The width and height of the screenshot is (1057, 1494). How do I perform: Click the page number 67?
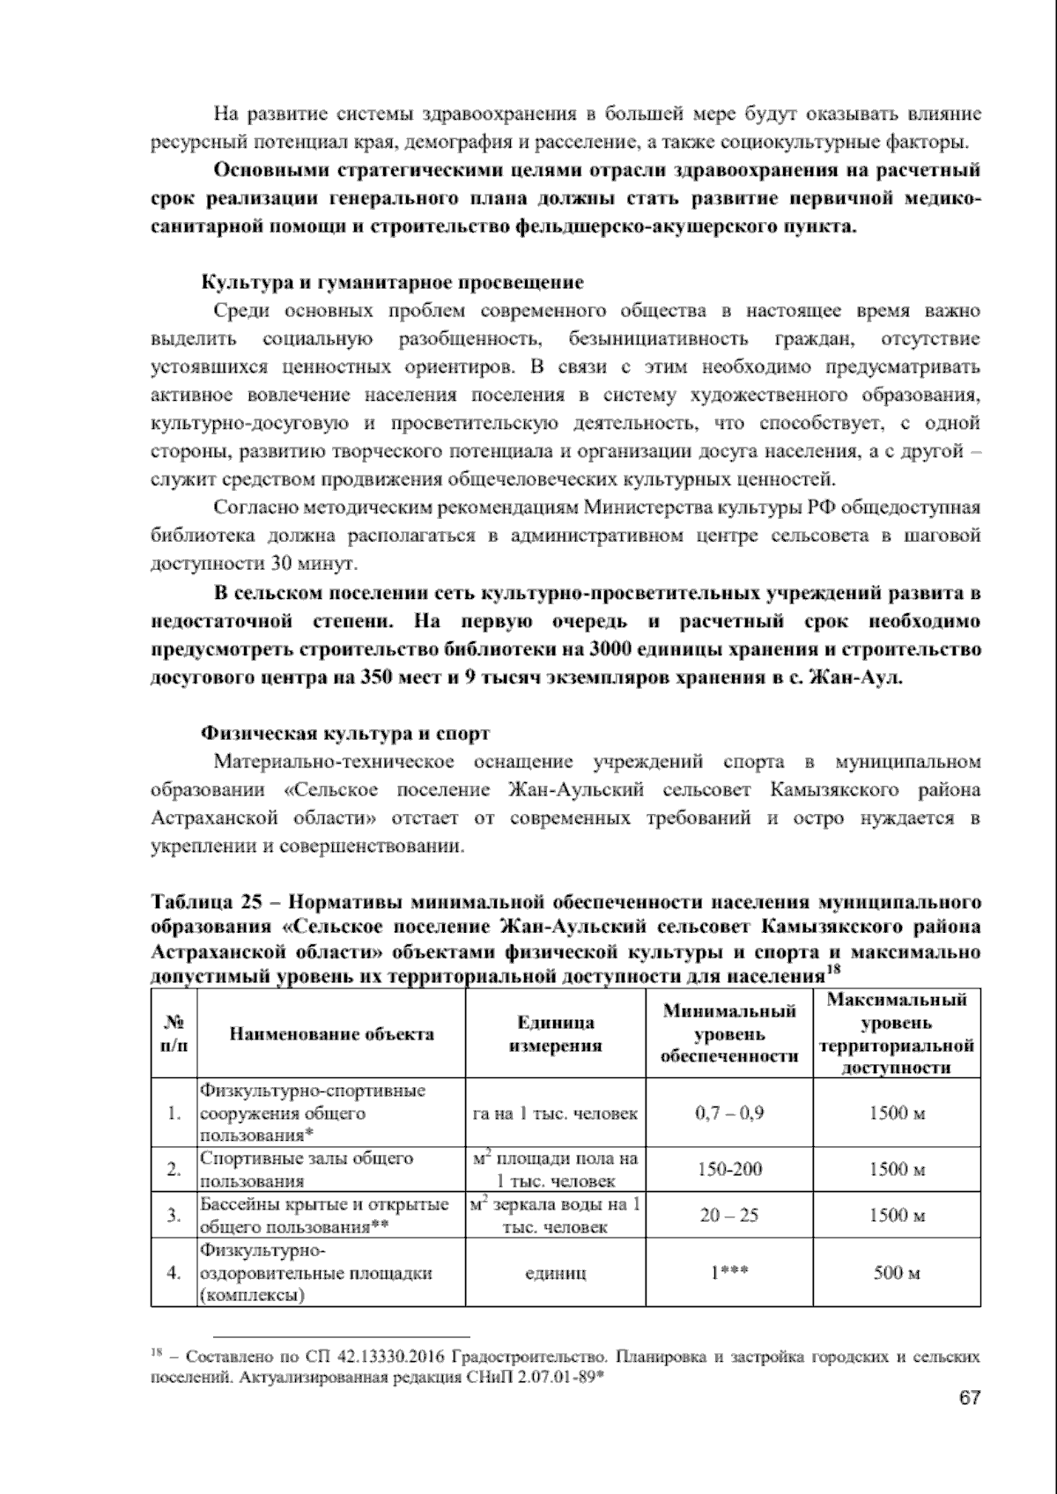point(970,1399)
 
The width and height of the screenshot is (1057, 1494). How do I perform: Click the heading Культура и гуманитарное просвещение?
point(393,283)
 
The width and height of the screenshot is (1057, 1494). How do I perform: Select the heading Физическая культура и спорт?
point(345,733)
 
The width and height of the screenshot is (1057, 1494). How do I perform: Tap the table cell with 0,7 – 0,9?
point(729,1113)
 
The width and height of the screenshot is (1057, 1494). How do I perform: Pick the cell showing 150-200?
point(729,1170)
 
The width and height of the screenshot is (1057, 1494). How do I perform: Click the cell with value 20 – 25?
point(729,1216)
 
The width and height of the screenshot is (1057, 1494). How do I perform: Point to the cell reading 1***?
point(729,1273)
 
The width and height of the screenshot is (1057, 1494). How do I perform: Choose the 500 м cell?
point(897,1273)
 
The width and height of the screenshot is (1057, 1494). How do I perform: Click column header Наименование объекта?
point(331,1034)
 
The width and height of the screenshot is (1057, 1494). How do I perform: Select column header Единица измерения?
point(555,1034)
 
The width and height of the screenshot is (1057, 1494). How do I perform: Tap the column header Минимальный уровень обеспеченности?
point(729,1033)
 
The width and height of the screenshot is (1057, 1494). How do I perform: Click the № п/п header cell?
point(174,1034)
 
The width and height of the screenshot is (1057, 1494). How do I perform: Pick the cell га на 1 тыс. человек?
point(555,1113)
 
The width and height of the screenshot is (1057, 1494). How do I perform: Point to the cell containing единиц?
point(555,1273)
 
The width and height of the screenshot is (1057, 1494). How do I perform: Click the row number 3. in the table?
point(174,1216)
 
